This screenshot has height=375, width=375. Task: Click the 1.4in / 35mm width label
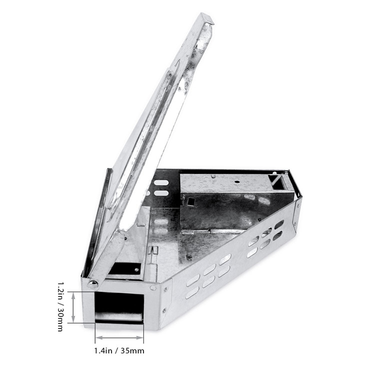pos(119,350)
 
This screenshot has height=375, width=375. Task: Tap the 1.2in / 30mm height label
pos(60,306)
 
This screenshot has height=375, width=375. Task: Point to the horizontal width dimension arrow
pos(119,338)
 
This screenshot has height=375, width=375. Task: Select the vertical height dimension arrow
pos(73,307)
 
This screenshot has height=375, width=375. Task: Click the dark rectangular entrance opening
pos(119,307)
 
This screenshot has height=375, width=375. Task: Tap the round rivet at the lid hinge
pos(92,284)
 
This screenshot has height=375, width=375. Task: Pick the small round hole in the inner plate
pos(237,182)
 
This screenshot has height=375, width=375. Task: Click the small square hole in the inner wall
pos(190,201)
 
